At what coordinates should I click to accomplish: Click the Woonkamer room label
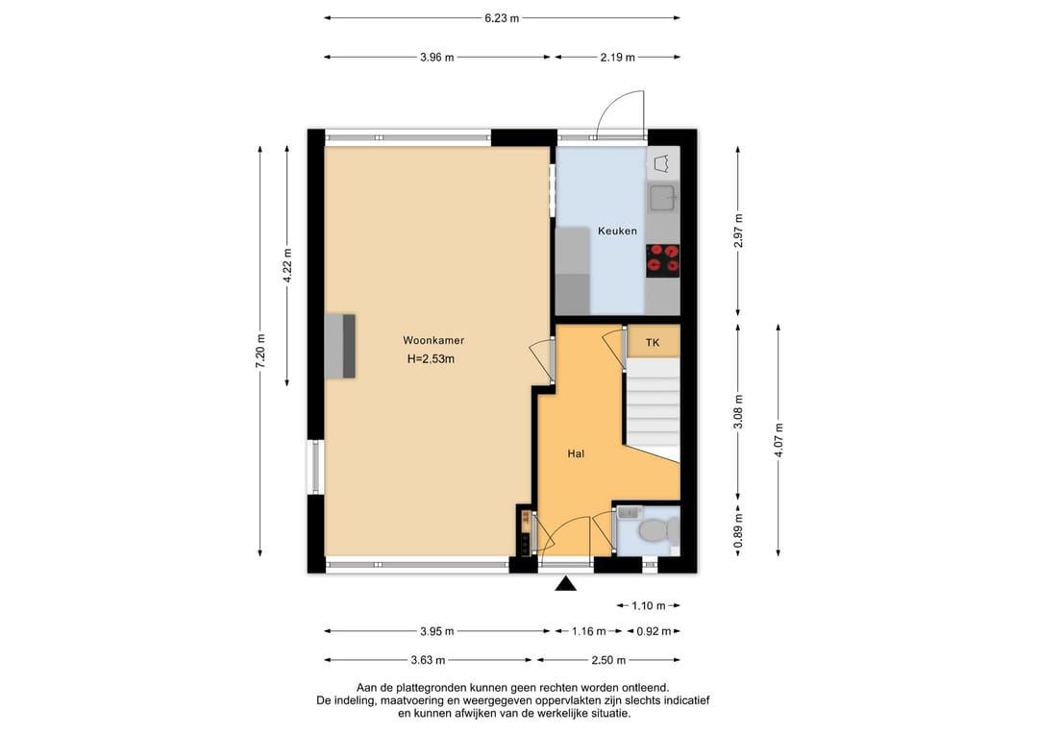[x=433, y=341]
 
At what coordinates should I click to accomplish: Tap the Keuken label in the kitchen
[x=617, y=231]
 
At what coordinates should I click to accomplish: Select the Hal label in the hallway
[x=576, y=453]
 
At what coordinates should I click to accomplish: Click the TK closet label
[x=653, y=343]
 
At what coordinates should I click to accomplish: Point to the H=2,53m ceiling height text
[x=431, y=359]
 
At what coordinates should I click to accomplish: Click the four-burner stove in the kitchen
[x=662, y=260]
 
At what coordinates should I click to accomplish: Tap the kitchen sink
[x=662, y=198]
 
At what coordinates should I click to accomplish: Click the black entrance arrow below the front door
[x=565, y=583]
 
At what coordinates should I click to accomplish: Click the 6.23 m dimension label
[x=501, y=18]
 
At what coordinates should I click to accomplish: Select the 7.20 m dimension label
[x=260, y=351]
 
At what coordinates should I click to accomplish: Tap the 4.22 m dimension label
[x=286, y=265]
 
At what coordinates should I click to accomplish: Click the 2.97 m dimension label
[x=738, y=231]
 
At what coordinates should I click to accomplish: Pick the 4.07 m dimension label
[x=778, y=440]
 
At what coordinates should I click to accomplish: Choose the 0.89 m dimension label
[x=738, y=531]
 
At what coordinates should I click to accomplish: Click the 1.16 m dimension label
[x=588, y=631]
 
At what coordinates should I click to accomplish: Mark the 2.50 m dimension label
[x=608, y=660]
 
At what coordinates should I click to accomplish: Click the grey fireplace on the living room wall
[x=339, y=346]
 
